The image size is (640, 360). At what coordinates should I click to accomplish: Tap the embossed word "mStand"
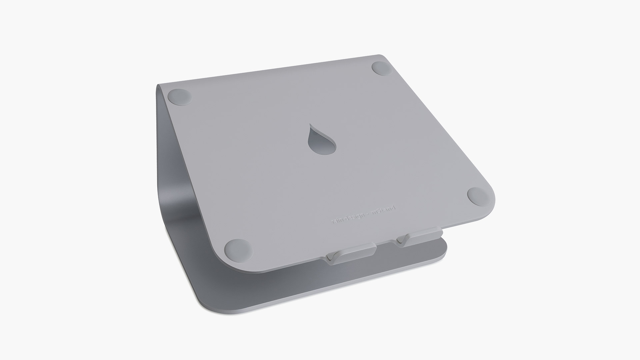pyautogui.click(x=384, y=214)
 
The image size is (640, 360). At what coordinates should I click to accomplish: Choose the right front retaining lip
pyautogui.click(x=420, y=237)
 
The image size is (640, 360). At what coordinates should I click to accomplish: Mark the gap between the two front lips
pyautogui.click(x=386, y=248)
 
